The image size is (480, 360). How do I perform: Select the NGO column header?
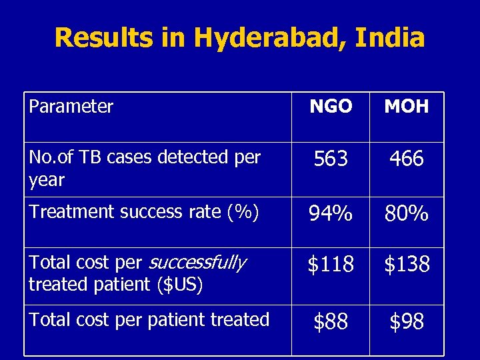pyautogui.click(x=331, y=107)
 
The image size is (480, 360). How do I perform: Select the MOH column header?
pyautogui.click(x=407, y=107)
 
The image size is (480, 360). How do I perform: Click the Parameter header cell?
pyautogui.click(x=71, y=106)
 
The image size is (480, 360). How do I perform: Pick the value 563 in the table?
pyautogui.click(x=331, y=159)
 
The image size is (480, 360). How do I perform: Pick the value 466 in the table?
pyautogui.click(x=407, y=159)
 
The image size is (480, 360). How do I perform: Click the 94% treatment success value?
pyautogui.click(x=331, y=214)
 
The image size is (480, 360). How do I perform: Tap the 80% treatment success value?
pyautogui.click(x=407, y=214)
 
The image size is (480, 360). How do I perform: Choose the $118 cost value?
pyautogui.click(x=331, y=265)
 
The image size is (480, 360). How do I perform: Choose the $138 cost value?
pyautogui.click(x=407, y=265)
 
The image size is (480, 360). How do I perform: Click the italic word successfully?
pyautogui.click(x=197, y=263)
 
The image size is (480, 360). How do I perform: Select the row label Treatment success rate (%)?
pyautogui.click(x=144, y=212)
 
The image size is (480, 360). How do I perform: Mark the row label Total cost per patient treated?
pyautogui.click(x=149, y=319)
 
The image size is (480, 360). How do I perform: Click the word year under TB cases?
pyautogui.click(x=47, y=180)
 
